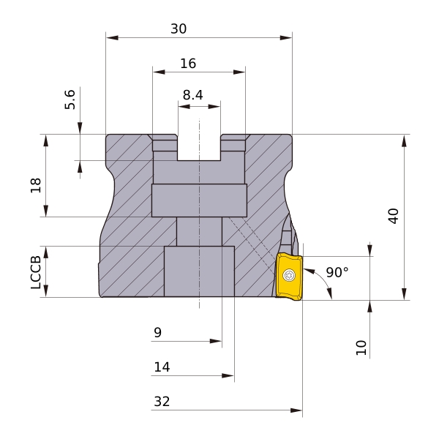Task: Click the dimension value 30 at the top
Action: (x=179, y=29)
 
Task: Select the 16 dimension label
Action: (x=188, y=64)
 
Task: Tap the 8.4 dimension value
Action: (x=193, y=95)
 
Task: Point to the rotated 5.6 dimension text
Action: (x=70, y=100)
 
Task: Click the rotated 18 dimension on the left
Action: (x=36, y=185)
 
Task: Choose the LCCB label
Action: (x=36, y=272)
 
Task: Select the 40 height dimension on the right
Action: (x=394, y=216)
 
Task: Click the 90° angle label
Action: (x=337, y=272)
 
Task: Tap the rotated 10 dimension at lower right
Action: (x=361, y=348)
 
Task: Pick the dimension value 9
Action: (x=157, y=333)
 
